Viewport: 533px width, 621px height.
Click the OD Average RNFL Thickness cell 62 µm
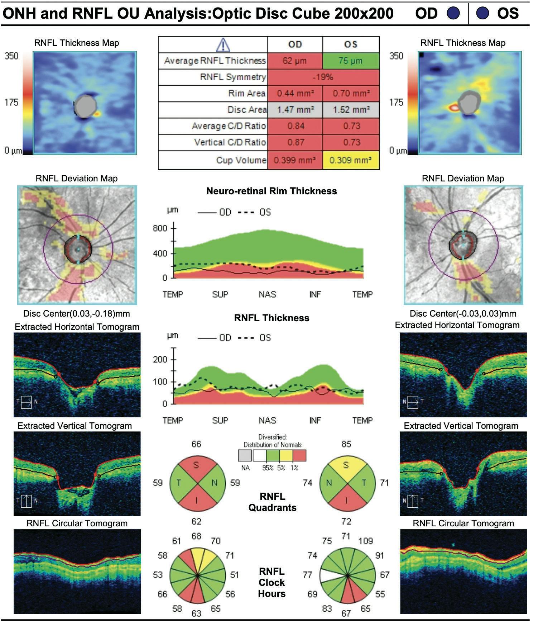click(295, 61)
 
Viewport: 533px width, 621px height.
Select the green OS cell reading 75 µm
click(351, 61)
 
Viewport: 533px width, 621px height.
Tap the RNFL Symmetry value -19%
click(323, 77)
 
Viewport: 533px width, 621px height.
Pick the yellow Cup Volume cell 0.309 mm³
click(351, 160)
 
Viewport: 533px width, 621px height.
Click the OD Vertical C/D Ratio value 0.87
click(295, 142)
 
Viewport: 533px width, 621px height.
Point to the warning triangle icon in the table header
click(223, 44)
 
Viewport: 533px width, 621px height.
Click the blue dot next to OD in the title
click(453, 13)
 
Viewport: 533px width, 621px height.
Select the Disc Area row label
click(247, 110)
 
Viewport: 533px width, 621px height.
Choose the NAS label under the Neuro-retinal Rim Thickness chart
click(267, 294)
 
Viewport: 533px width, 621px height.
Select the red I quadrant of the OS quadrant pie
click(346, 500)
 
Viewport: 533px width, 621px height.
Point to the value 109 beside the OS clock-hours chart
click(365, 541)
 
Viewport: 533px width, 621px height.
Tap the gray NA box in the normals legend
click(245, 456)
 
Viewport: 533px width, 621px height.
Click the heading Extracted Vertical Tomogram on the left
click(75, 426)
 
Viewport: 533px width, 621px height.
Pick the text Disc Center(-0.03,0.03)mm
click(463, 314)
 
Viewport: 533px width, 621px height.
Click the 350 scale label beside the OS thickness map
click(396, 56)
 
